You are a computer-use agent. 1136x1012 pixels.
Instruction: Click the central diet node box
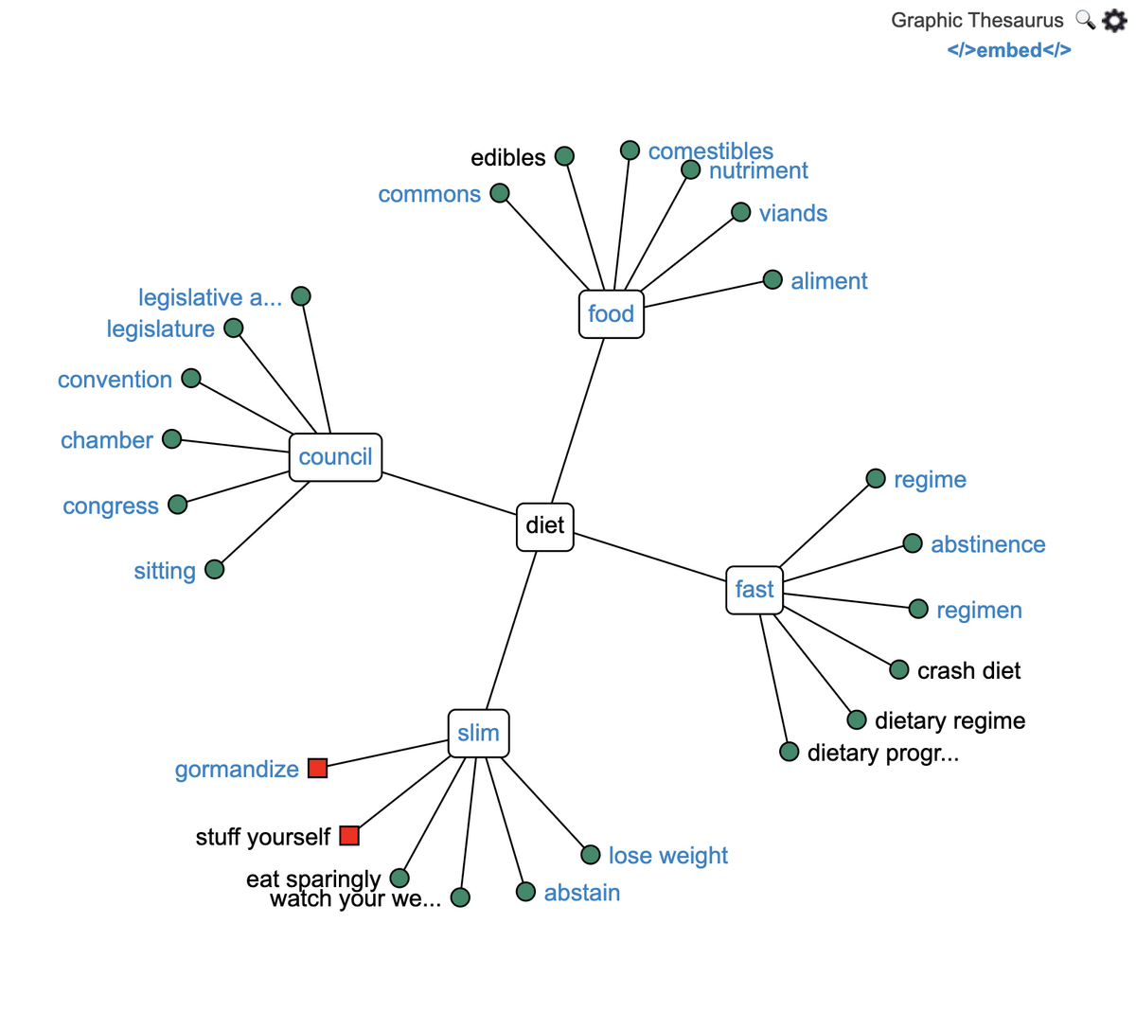coord(545,526)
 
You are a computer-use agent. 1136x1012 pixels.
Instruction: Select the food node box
coord(612,314)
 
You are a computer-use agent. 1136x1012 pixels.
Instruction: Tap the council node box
coord(335,457)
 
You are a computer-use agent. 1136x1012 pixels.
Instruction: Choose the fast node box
coord(754,590)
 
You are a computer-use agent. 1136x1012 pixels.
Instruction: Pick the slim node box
coord(478,733)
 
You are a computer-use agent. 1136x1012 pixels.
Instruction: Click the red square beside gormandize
coord(318,768)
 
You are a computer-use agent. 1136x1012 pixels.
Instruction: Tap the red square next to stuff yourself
coord(349,835)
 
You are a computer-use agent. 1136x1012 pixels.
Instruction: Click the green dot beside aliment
coord(772,279)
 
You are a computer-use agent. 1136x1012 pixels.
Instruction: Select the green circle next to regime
coord(876,478)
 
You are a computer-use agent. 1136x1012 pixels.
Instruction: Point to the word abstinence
coord(987,544)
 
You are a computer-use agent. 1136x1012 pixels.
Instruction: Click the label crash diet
coord(968,671)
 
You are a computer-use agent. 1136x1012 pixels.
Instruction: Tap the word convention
coord(115,380)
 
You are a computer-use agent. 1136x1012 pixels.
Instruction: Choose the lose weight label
coord(667,856)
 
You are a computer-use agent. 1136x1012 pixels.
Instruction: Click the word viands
coord(792,214)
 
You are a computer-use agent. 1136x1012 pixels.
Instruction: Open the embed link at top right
coord(1008,50)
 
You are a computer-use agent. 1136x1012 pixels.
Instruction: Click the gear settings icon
coord(1113,20)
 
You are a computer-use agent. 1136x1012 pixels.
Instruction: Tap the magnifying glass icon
coord(1085,20)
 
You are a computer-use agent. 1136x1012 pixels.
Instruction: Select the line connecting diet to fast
coord(649,558)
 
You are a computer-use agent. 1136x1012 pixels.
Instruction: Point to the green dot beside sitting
coord(215,569)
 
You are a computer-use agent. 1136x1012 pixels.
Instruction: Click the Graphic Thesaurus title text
coord(977,20)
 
